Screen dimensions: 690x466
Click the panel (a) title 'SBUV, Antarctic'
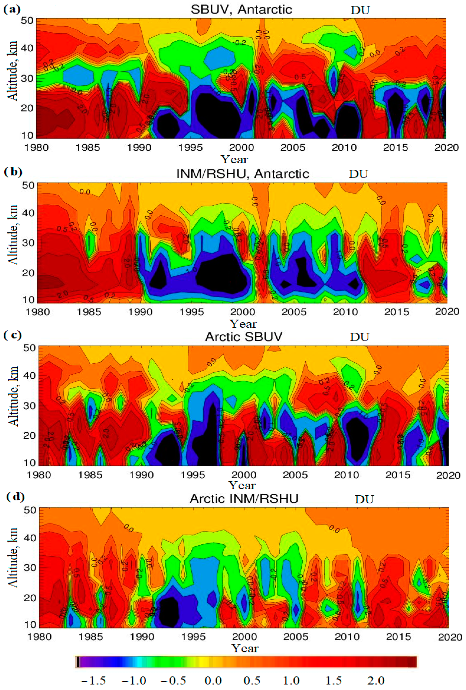pos(241,10)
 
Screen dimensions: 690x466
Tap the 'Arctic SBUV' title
pos(244,337)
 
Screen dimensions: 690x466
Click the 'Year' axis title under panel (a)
pos(234,160)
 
